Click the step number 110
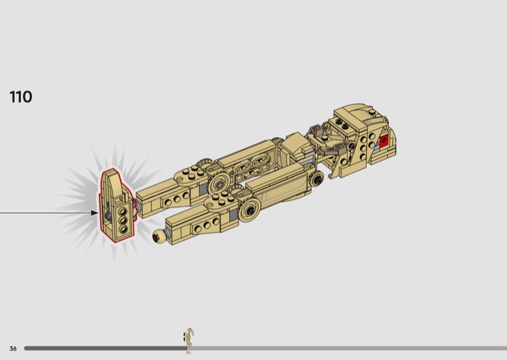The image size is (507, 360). click(x=21, y=97)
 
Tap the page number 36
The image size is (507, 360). click(x=13, y=349)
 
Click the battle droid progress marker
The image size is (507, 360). click(x=189, y=341)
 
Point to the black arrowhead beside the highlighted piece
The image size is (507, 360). click(x=94, y=213)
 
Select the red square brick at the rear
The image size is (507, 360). click(x=384, y=140)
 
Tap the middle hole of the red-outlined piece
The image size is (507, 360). click(x=122, y=221)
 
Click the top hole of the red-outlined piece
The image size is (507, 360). click(x=123, y=212)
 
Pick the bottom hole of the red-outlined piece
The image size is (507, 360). click(x=123, y=229)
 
